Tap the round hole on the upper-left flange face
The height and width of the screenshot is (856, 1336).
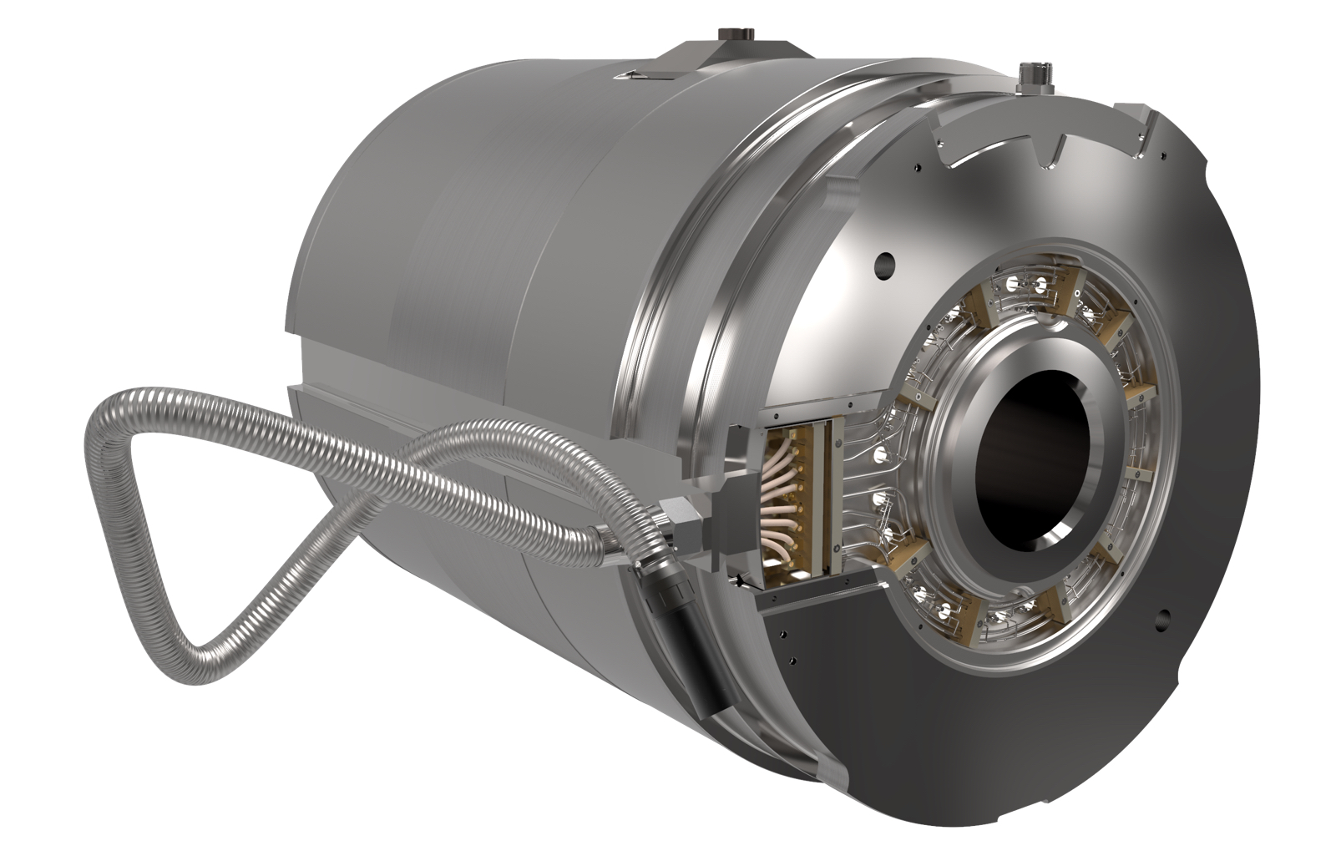pos(883,266)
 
